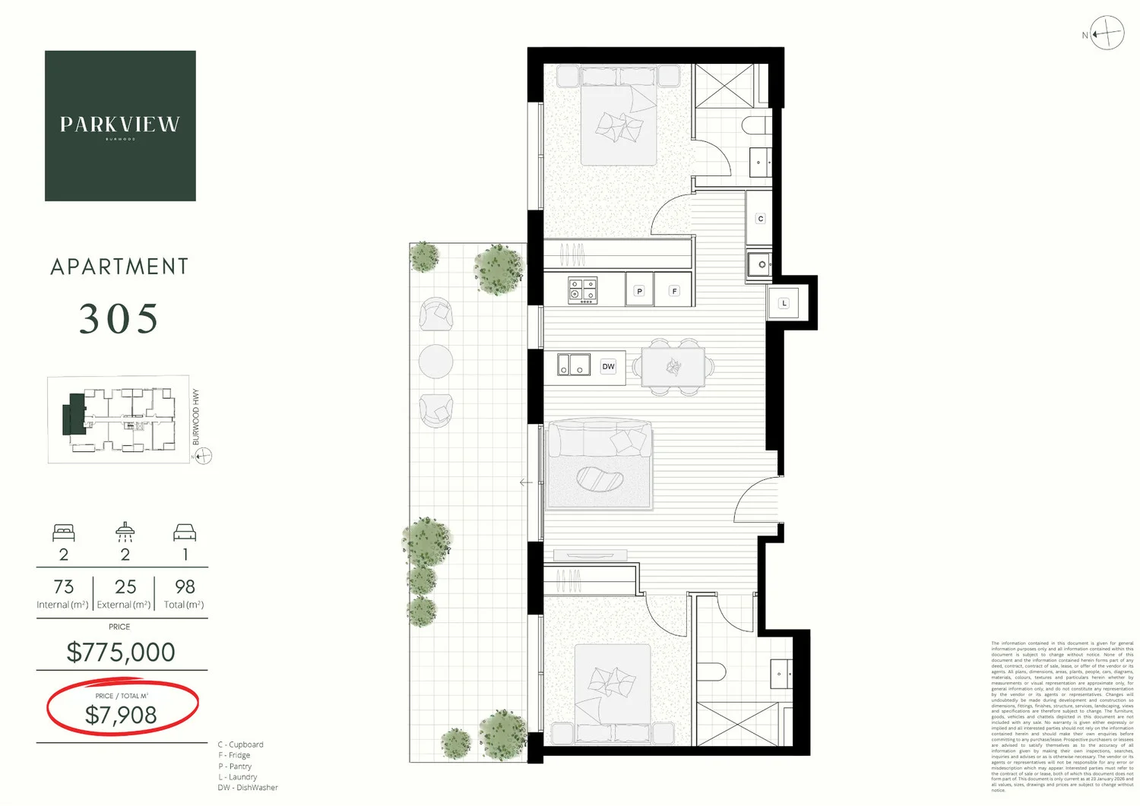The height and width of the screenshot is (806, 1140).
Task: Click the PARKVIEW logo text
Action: [120, 125]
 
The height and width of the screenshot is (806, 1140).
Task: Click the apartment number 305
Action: [119, 319]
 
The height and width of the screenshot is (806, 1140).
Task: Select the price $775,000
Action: [121, 652]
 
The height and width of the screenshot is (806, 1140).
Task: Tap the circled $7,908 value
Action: [121, 715]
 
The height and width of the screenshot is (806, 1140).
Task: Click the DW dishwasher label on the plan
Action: [609, 367]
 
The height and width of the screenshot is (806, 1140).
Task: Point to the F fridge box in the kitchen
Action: [674, 291]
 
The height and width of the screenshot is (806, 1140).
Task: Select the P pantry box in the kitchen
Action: [639, 291]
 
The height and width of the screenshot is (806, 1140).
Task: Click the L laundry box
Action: [784, 303]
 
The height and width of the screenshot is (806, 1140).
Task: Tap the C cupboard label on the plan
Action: [760, 219]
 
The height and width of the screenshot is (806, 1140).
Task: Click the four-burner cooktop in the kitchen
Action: [583, 290]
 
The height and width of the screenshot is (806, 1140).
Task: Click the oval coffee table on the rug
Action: [600, 479]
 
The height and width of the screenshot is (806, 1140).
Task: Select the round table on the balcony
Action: [435, 362]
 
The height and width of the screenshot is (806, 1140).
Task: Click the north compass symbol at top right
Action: [1107, 33]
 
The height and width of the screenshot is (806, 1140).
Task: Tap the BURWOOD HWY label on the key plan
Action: [196, 417]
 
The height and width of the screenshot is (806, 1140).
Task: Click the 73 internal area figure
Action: [64, 587]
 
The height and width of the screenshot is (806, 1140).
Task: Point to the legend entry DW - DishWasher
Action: [248, 788]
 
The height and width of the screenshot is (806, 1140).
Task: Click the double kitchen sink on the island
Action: [574, 365]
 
